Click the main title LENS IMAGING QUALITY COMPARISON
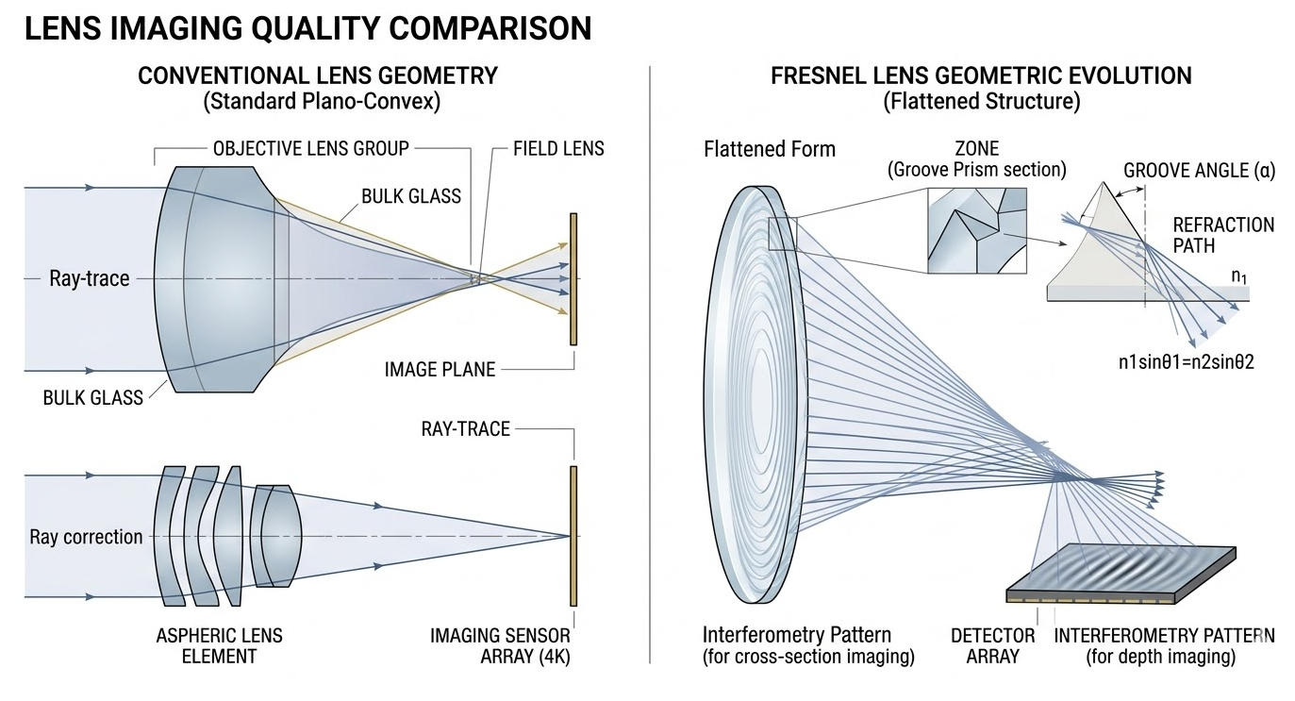(307, 28)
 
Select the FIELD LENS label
(558, 148)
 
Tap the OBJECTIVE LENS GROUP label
(311, 148)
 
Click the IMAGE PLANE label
(440, 369)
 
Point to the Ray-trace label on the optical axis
(90, 278)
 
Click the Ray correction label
(86, 537)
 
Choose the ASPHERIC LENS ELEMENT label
(219, 645)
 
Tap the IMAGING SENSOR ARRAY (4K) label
(500, 645)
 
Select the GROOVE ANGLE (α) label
(1199, 172)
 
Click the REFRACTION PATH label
(1223, 236)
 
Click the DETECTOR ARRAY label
(993, 645)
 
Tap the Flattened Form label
(769, 148)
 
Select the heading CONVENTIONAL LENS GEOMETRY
(318, 75)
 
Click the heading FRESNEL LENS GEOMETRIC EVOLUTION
(981, 75)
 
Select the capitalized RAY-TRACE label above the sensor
(465, 429)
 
